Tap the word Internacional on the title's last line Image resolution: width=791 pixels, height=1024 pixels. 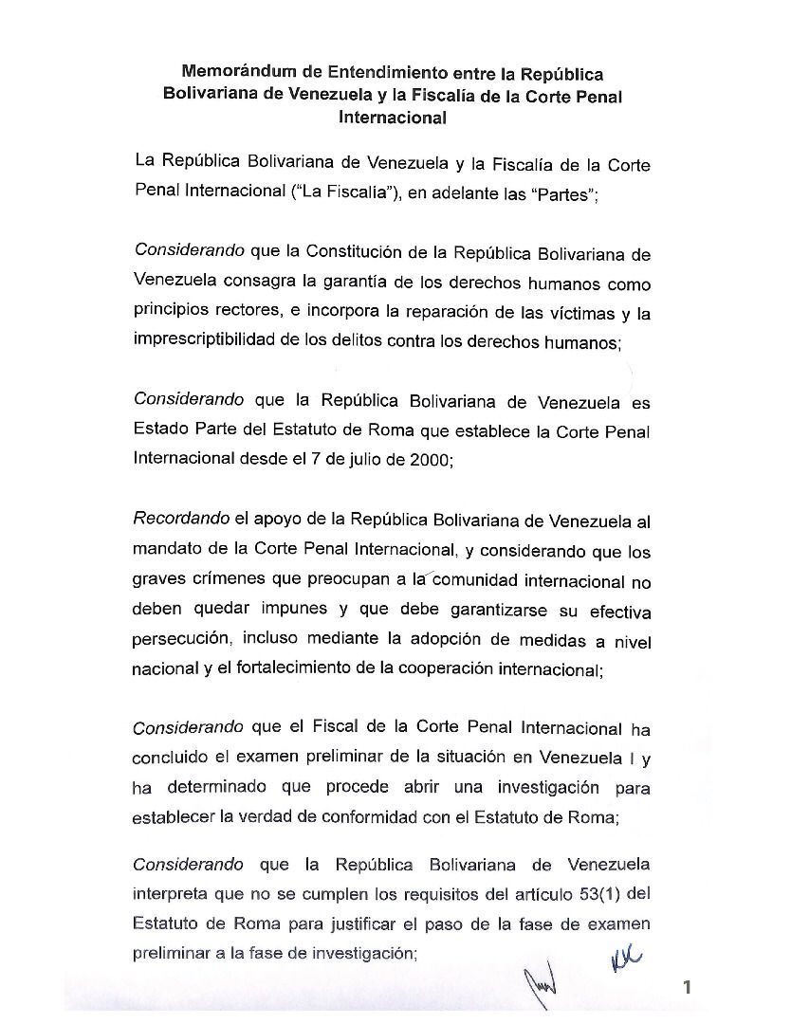tap(393, 119)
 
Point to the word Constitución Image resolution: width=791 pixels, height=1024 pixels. tap(355, 254)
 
